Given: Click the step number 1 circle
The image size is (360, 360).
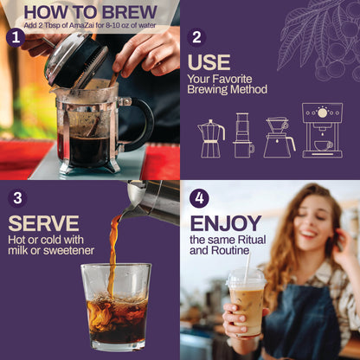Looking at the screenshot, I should [x=15, y=37].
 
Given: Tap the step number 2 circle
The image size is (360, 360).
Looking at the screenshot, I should [x=197, y=37].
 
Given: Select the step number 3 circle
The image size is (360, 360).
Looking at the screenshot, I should [x=17, y=198].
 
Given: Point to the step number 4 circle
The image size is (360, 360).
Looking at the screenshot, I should [x=200, y=197].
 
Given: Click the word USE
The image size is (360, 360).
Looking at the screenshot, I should [x=208, y=64].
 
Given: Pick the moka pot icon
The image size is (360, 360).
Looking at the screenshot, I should [x=211, y=138].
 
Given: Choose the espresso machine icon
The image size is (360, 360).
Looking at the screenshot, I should [x=322, y=130].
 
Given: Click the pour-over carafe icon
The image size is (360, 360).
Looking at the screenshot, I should [x=277, y=138].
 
